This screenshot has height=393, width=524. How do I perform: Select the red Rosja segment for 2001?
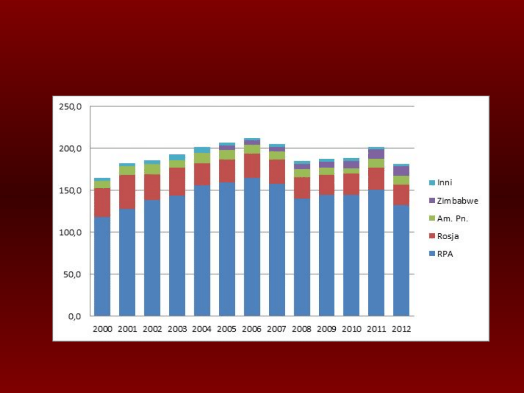coord(127,192)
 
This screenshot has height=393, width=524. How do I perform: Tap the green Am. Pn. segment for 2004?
coord(202,158)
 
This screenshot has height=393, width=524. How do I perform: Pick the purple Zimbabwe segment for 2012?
coord(401,171)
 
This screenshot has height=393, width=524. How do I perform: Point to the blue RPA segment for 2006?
coord(252,247)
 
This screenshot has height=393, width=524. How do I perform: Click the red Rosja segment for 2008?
coord(302,188)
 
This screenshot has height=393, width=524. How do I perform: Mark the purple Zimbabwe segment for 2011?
coord(377,154)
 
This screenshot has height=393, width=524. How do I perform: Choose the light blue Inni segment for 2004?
coord(202,150)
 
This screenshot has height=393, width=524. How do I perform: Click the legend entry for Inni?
coord(444,183)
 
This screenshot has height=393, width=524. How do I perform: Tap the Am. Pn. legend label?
coord(452,218)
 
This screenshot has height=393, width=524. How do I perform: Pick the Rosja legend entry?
coord(447,236)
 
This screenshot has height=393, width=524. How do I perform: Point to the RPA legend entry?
coord(445,254)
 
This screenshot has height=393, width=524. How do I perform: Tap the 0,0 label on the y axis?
coord(76,316)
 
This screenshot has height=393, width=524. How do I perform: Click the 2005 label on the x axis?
coord(227,329)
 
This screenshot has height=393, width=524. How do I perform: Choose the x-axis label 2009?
coord(327,329)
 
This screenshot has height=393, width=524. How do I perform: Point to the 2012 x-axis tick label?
coord(401,329)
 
